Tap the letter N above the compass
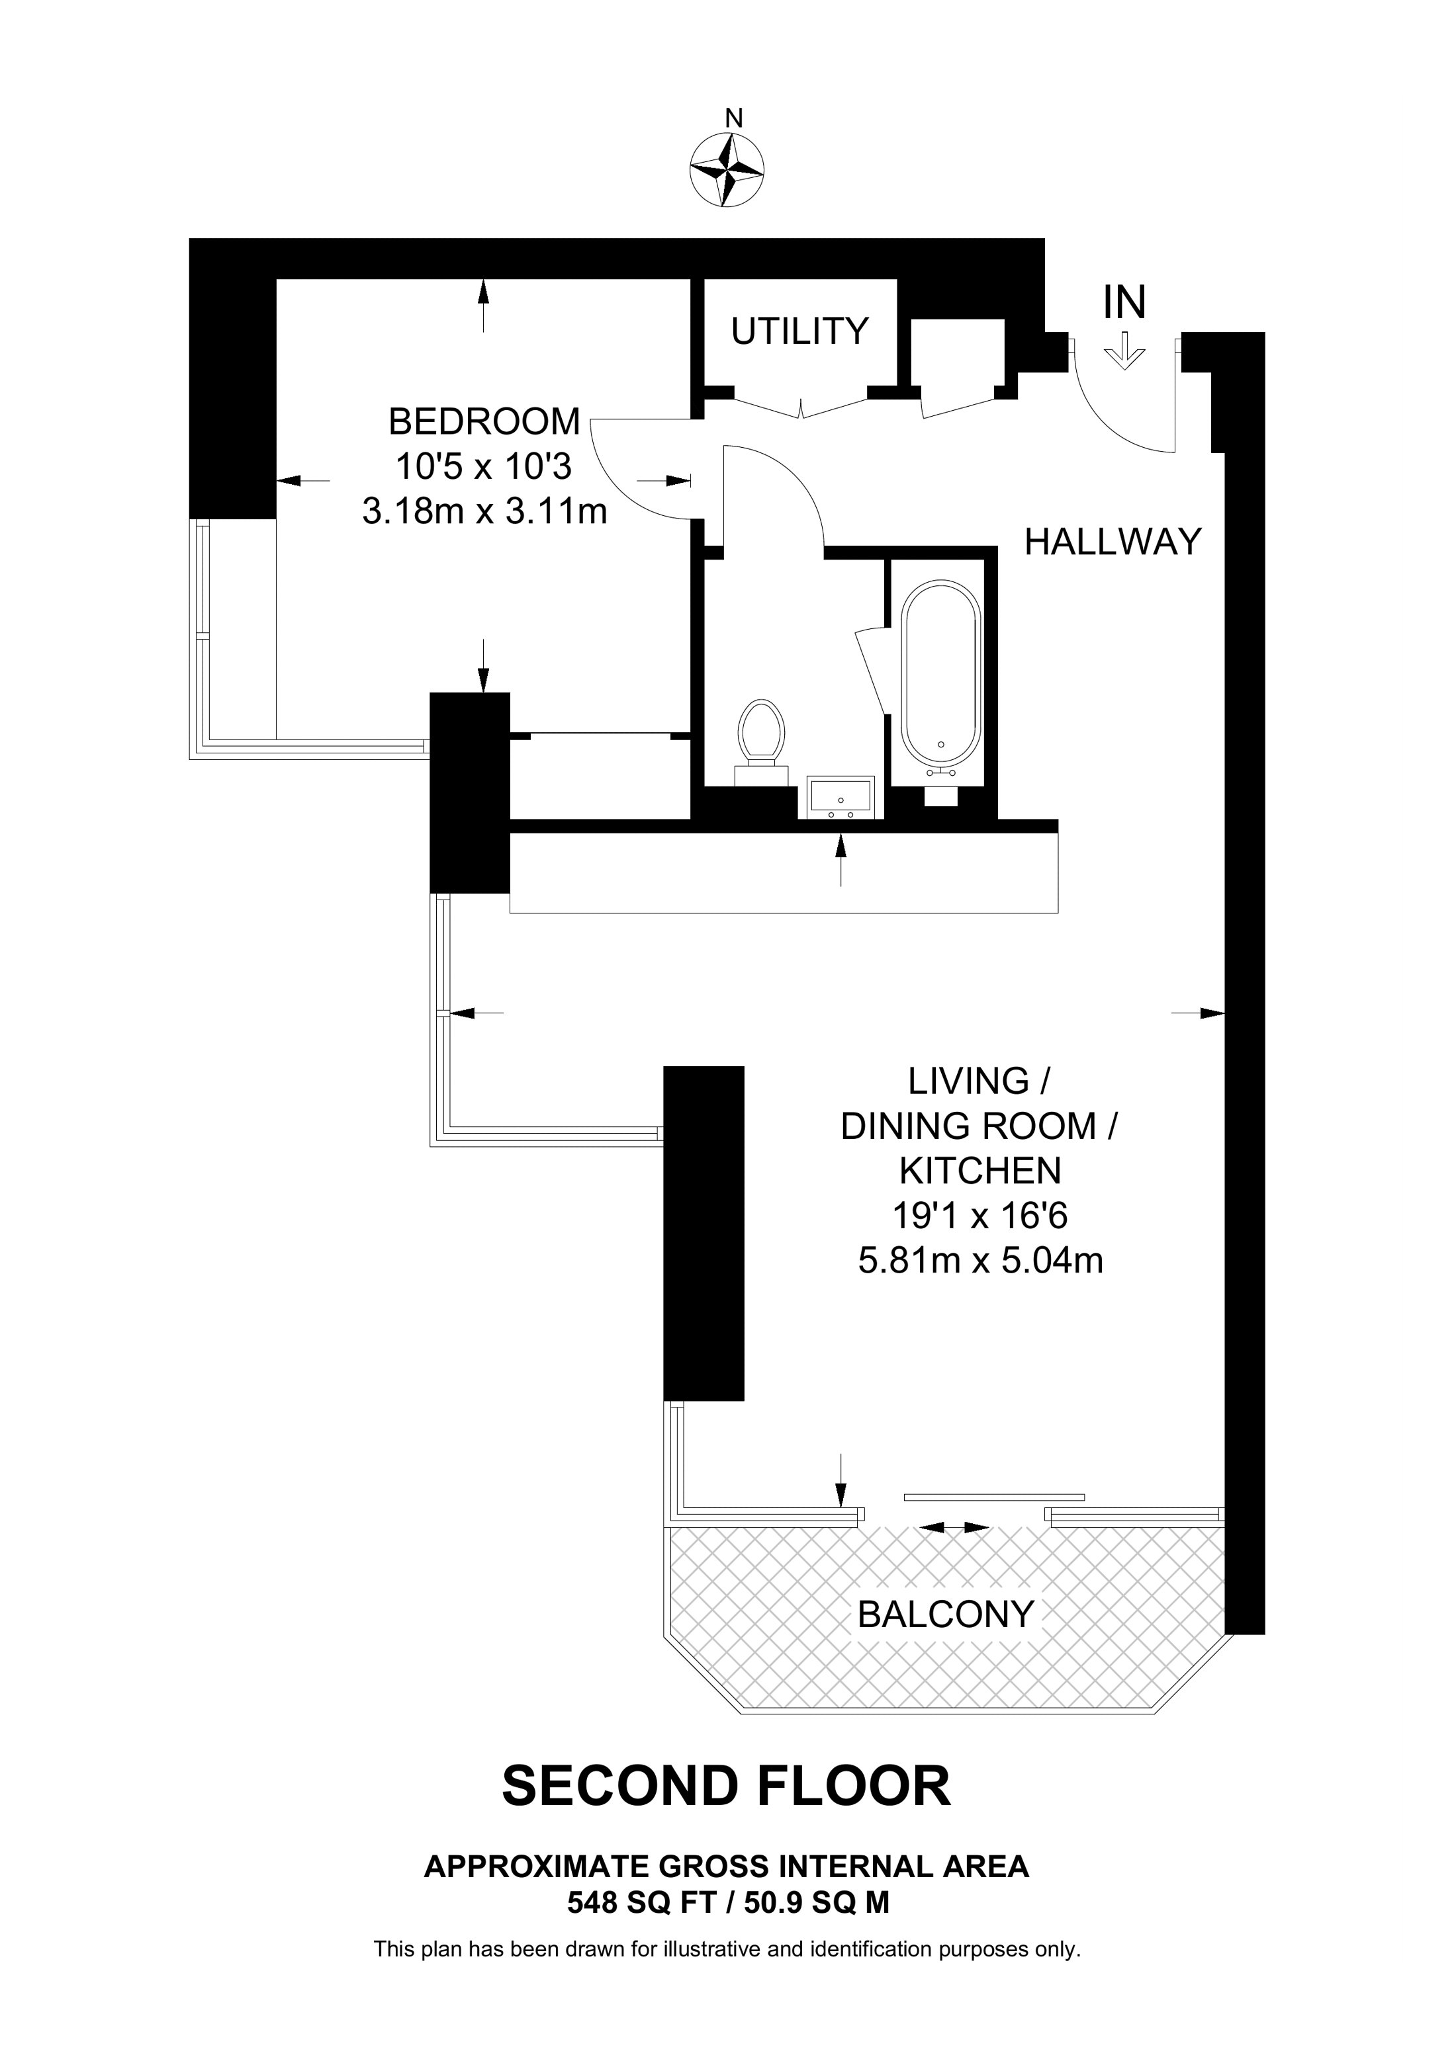[734, 118]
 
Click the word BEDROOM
[484, 421]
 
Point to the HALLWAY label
[1113, 542]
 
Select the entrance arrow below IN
[1124, 351]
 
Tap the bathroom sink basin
[841, 796]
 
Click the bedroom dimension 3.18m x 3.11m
[484, 511]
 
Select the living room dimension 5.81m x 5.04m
[981, 1261]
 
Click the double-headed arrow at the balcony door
[954, 1527]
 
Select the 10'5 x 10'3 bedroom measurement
[484, 466]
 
